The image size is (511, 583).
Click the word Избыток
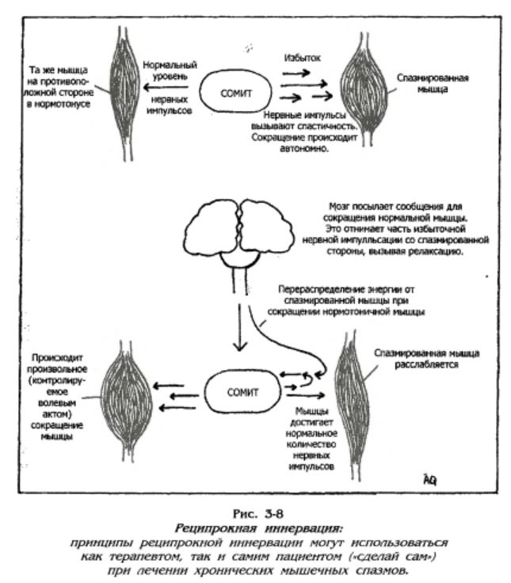coord(302,58)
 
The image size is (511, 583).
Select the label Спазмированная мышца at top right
coord(433,83)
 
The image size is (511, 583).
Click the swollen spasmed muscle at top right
coord(364,90)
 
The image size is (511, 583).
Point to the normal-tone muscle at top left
coord(125,93)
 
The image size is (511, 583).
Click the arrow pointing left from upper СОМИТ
coord(166,88)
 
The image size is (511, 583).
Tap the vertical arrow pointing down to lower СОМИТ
coord(240,327)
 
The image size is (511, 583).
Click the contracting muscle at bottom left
coord(127,401)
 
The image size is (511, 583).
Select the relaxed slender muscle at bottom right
coord(353,406)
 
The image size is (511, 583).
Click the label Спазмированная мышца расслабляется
coord(426,358)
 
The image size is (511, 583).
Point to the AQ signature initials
coord(429,480)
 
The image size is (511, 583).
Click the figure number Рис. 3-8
coord(258,514)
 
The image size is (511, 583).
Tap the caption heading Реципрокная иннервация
coord(258,528)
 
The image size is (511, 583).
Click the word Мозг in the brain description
coord(339,207)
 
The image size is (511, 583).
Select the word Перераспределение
coord(322,289)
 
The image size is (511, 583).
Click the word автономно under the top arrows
coord(304,148)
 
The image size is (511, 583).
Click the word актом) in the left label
coord(55,413)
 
